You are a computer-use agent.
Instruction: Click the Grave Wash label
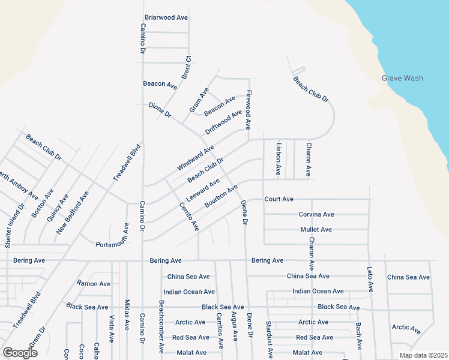coord(402,78)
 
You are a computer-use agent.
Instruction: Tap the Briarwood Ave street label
coord(167,17)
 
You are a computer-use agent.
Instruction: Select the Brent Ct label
coord(186,67)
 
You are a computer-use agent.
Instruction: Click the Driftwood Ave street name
coord(223,122)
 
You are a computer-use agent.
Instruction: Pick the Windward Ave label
coord(195,158)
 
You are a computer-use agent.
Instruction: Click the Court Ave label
coord(279,199)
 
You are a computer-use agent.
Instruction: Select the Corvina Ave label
coord(316,214)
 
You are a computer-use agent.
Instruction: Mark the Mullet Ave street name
coord(316,230)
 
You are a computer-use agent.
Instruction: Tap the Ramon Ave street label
coord(94,283)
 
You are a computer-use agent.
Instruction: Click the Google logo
coord(20,353)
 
